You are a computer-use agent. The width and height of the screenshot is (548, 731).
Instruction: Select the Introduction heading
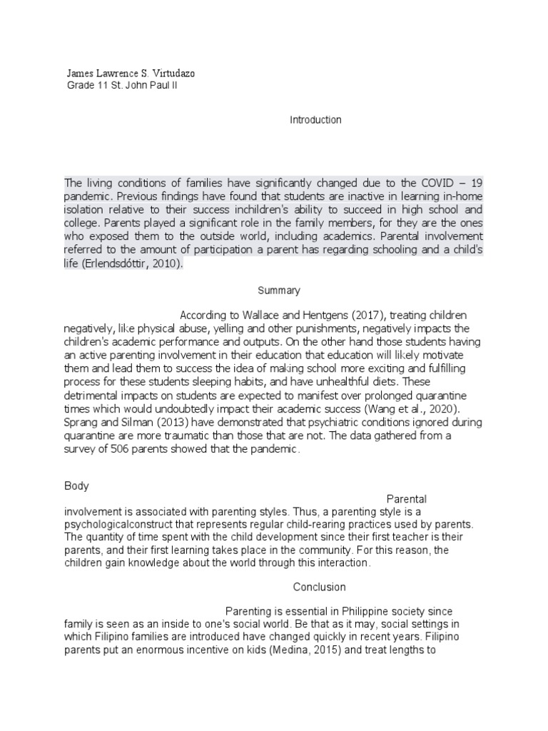[x=315, y=120]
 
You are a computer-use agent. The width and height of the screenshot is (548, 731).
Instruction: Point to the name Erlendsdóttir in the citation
[x=120, y=264]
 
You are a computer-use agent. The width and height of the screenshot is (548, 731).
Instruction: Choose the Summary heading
[x=278, y=291]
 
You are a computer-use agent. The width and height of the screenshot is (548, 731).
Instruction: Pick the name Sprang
[x=80, y=423]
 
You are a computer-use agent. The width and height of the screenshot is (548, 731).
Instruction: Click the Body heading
[x=76, y=485]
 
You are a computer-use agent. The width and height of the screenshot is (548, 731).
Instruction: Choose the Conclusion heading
[x=320, y=587]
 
